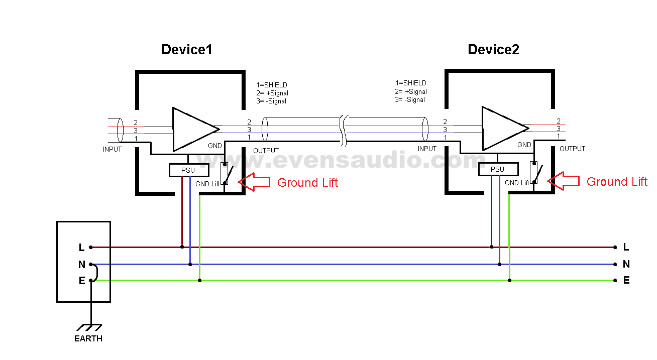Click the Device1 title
[x=186, y=50]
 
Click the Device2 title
[x=493, y=50]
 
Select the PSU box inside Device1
[x=188, y=170]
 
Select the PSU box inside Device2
[x=497, y=169]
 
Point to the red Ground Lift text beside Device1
[x=307, y=183]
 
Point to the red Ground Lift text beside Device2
[x=617, y=182]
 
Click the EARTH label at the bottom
[x=88, y=339]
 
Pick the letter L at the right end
[x=626, y=247]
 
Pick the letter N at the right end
[x=626, y=264]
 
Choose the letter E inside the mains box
[x=82, y=281]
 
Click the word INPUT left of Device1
[x=112, y=149]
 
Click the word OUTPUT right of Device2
[x=572, y=149]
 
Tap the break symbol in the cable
[x=344, y=131]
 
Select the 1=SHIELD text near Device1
[x=271, y=85]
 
